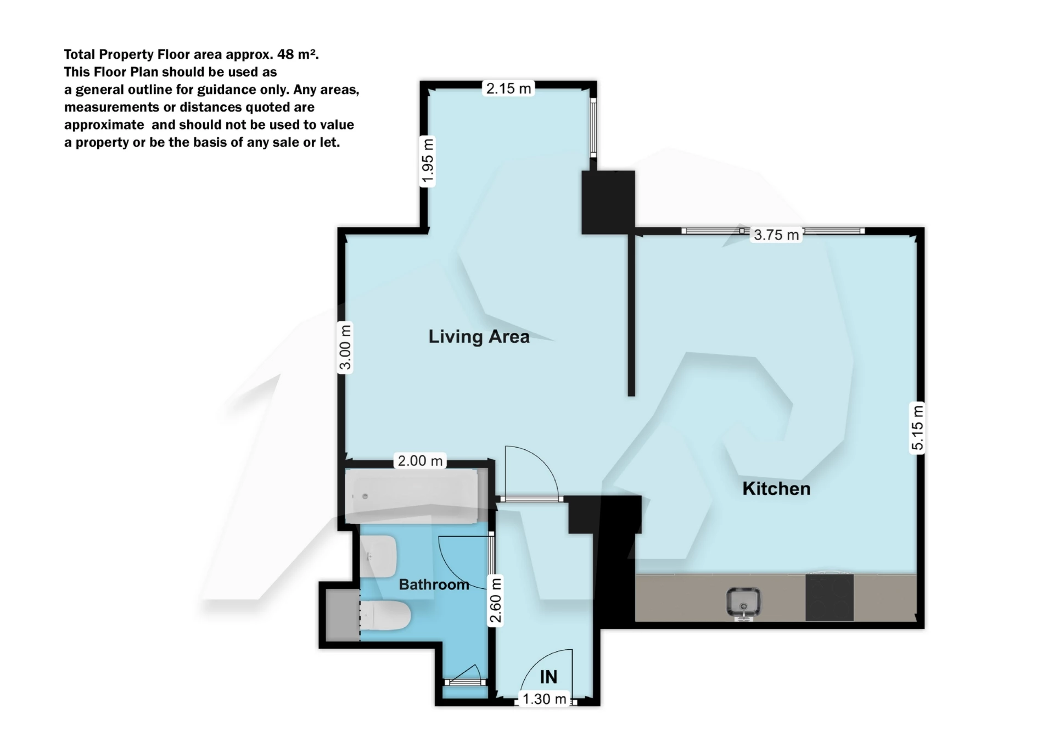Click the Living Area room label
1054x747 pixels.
click(479, 336)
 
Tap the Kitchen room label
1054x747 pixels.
click(776, 488)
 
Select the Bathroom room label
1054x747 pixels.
click(434, 584)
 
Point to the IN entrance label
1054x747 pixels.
click(548, 677)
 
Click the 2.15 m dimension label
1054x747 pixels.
click(508, 88)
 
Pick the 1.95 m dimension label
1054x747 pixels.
click(428, 161)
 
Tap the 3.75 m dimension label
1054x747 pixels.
click(776, 235)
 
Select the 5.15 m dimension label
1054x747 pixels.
click(917, 427)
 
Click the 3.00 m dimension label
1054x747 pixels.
click(345, 348)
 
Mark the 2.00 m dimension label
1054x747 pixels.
click(420, 460)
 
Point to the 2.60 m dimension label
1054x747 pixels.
click(496, 600)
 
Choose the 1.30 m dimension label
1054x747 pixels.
click(544, 699)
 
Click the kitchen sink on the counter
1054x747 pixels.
click(743, 603)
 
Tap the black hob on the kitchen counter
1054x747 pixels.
click(829, 597)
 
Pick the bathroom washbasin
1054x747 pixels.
click(379, 556)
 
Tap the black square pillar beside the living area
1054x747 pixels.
click(608, 202)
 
